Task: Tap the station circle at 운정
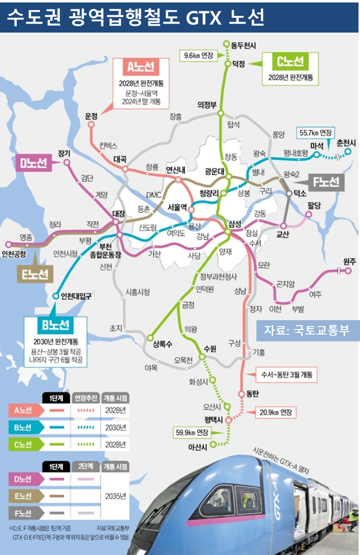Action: coord(91,124)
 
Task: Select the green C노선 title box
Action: coord(292,62)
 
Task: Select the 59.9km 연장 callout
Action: coord(193,433)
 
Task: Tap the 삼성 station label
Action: coord(235,224)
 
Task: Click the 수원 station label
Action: coord(209,349)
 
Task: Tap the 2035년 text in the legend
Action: coord(116,496)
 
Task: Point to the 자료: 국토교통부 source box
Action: coord(307,330)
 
